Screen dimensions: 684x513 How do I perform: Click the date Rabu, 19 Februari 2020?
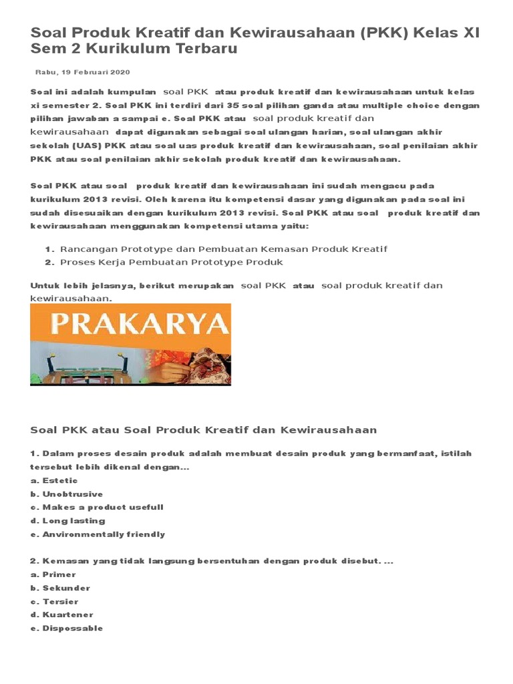(82, 71)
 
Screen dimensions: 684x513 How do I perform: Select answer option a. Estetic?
(54, 480)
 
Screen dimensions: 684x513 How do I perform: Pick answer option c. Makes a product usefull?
(97, 508)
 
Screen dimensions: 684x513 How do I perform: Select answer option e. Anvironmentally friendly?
(98, 534)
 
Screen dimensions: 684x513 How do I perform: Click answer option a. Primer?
(53, 574)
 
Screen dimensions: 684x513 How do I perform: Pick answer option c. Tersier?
(54, 602)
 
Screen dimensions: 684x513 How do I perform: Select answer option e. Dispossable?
(67, 629)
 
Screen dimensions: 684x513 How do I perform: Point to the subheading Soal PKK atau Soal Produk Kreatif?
(204, 430)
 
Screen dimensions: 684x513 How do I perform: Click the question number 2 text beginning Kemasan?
(212, 561)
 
